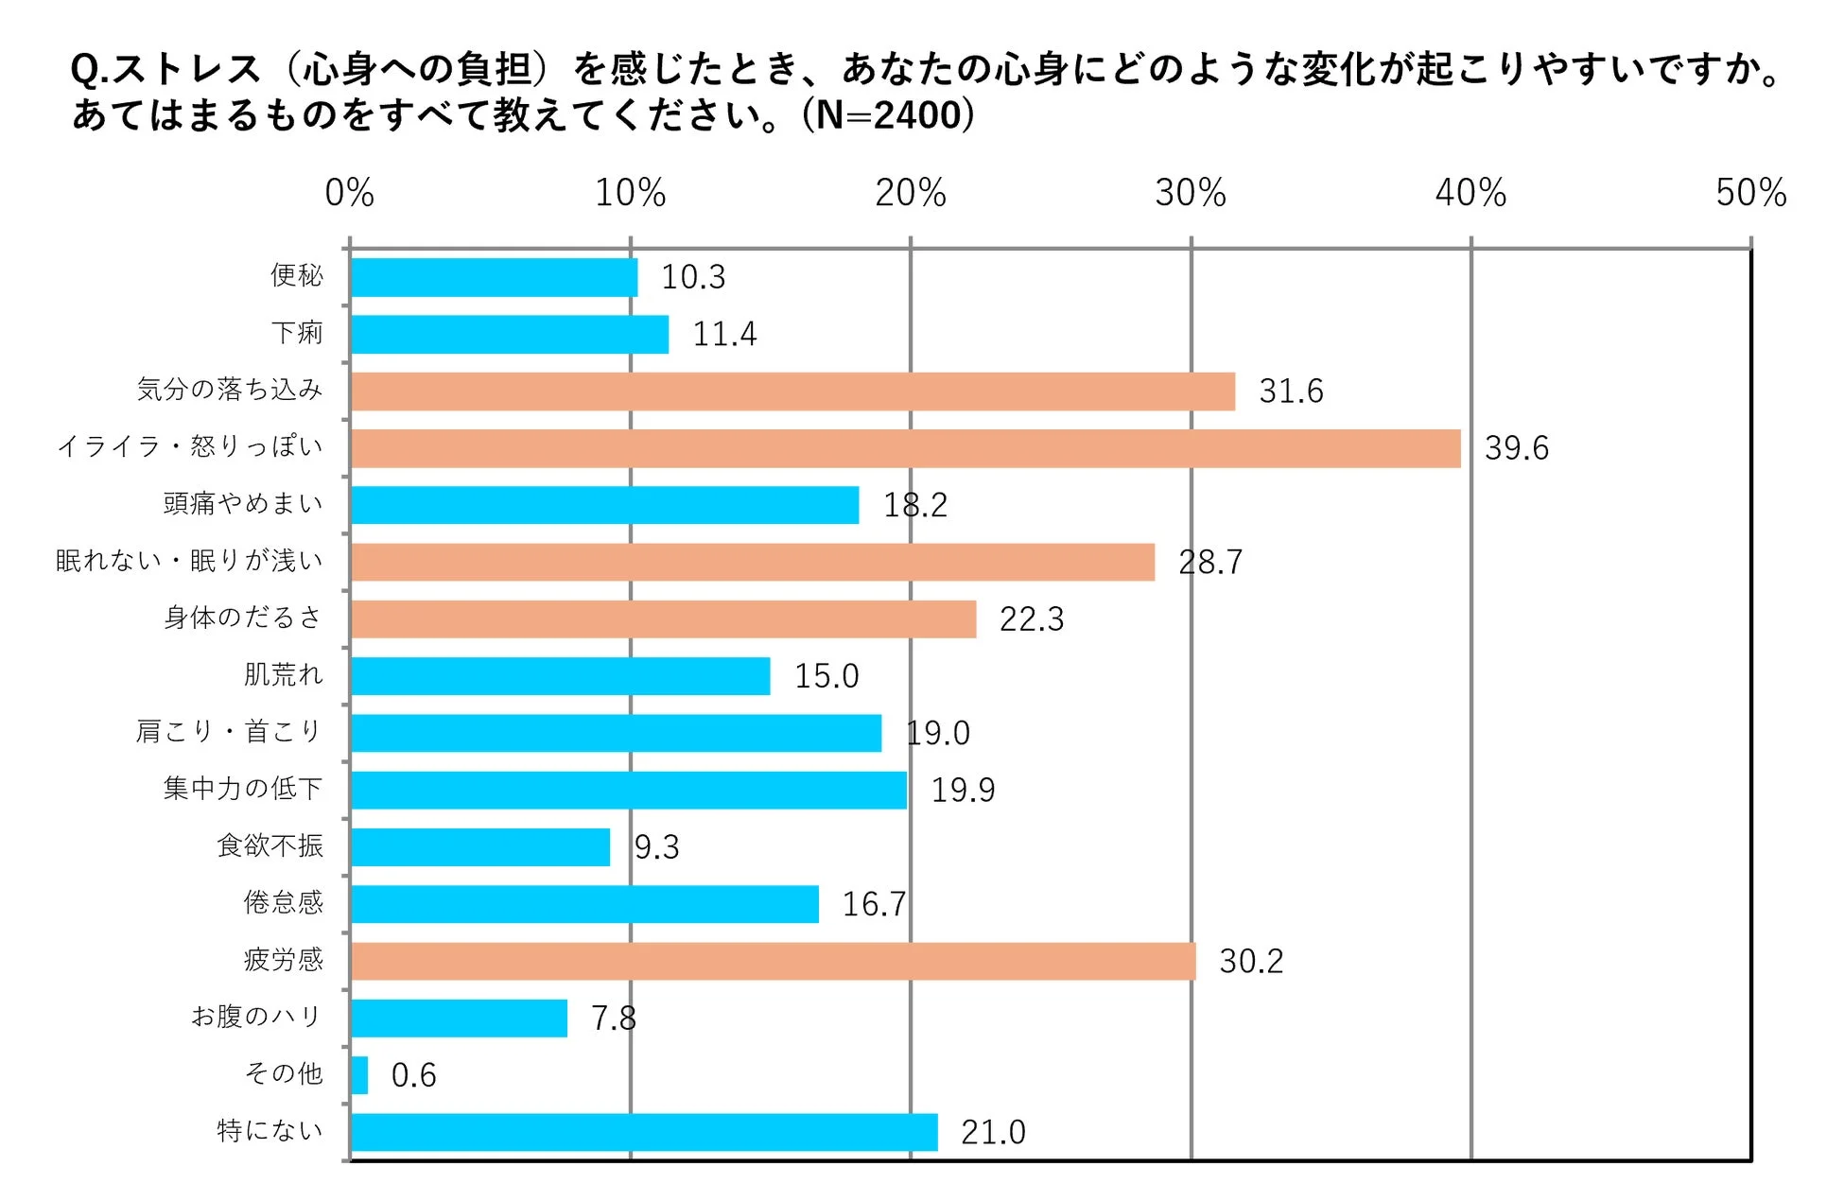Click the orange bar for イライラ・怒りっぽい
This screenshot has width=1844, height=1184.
(905, 448)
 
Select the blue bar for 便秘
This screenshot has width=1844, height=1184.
(494, 277)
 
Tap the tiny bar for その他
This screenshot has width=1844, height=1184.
(359, 1075)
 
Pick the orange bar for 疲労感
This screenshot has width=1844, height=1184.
(773, 961)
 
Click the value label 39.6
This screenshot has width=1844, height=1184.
(1516, 448)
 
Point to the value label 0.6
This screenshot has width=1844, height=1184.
(413, 1075)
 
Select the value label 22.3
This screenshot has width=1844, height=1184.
(1031, 619)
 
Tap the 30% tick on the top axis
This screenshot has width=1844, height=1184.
(1191, 194)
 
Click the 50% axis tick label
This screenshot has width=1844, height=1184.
(1750, 194)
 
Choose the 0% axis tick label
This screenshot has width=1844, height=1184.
(349, 194)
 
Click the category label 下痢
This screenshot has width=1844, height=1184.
(297, 333)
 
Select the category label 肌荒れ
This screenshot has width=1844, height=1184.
(283, 674)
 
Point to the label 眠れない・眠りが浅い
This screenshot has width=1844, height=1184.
(189, 561)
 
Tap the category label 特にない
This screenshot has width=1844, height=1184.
(270, 1130)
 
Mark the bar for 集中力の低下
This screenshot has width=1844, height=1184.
(628, 791)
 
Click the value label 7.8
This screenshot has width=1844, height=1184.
(613, 1019)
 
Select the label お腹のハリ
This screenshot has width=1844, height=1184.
(256, 1017)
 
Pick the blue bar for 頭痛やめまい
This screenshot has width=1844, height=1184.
(604, 505)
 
